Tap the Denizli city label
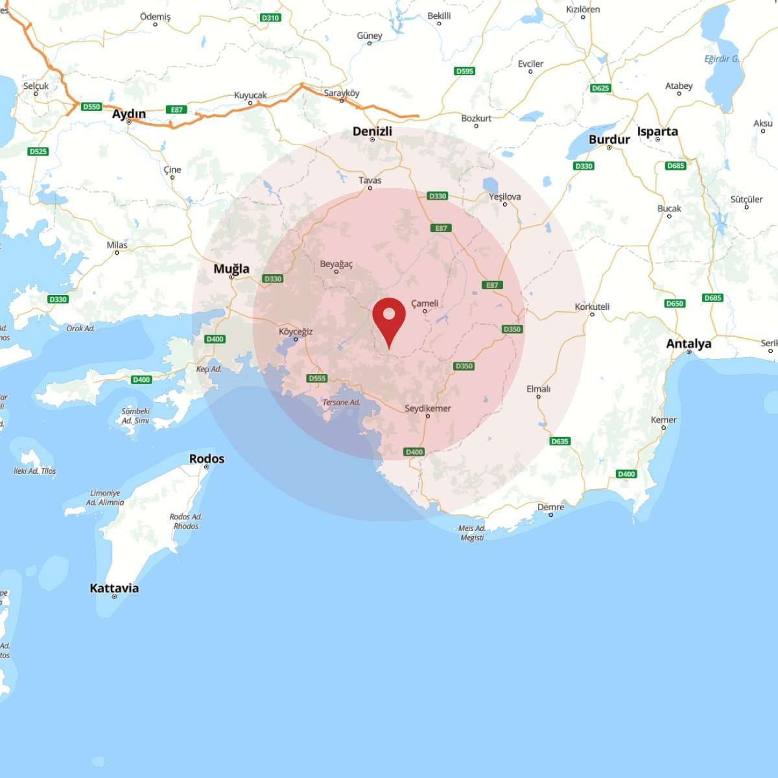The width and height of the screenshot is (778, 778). pos(372,131)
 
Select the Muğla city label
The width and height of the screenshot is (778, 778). pos(231,268)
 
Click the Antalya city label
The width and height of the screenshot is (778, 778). pos(689,344)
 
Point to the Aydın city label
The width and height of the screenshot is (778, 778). pos(129,114)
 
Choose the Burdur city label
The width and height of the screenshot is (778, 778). pos(609,139)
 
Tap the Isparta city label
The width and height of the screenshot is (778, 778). pos(657,131)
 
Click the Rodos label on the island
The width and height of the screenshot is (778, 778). pos(207,458)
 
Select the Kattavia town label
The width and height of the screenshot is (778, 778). pos(114,588)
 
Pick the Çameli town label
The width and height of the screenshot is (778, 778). pos(425,303)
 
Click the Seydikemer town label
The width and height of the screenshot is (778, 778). pos(427,408)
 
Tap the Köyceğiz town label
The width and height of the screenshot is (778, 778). pos(296,331)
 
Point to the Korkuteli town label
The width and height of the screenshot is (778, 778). pos(592,307)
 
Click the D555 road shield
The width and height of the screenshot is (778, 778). pos(317,378)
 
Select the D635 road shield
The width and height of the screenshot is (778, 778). pos(560,441)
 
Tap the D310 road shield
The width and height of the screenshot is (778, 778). pos(270,18)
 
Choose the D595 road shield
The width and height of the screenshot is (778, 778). pos(464,71)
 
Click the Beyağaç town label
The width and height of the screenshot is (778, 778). pos(336,264)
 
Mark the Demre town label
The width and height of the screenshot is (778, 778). pos(550,507)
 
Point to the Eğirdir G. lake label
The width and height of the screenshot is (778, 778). pos(722,59)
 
